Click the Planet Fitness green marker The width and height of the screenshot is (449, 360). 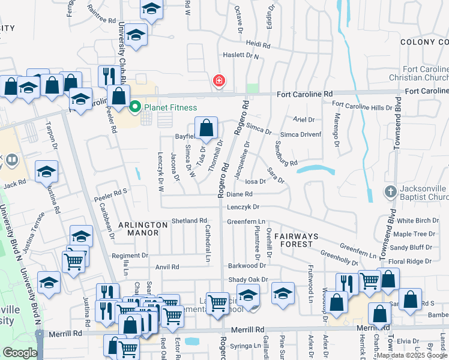point(135,107)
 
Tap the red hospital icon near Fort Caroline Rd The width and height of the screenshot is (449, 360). point(219,80)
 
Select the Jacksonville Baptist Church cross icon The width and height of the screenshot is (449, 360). point(391,193)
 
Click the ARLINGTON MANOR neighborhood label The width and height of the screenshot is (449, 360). point(143,228)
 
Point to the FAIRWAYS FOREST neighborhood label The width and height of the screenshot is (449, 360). point(302,240)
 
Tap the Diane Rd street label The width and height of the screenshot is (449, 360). point(240,194)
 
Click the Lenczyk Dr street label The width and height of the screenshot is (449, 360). point(243,207)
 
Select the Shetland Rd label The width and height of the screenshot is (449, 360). point(189,221)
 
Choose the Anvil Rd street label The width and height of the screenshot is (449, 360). point(167,267)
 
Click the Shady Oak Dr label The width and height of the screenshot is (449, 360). point(247,280)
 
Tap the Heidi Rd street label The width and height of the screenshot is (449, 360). point(259,45)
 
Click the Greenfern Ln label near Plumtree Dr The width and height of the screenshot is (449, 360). point(246,221)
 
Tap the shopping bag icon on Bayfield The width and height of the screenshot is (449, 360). point(206,128)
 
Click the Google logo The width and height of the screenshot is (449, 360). point(20,353)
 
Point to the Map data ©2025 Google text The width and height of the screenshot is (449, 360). point(412,355)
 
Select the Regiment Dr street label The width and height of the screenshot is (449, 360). point(130,256)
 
